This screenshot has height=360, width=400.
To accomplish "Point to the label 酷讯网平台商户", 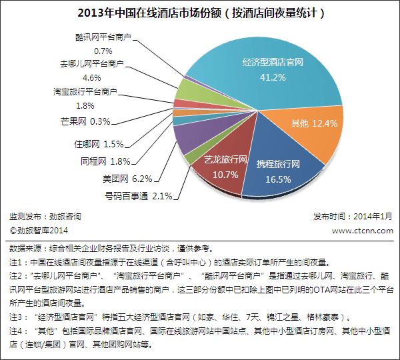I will pos(103,38).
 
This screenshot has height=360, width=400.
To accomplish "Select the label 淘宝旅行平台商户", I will pos(85,92).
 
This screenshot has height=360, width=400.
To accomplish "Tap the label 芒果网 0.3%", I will pos(85,121).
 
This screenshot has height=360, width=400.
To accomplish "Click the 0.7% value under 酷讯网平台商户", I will pos(103,51).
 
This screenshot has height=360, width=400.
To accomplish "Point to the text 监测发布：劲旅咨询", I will pos(46,217).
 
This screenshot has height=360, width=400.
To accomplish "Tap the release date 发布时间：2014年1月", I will pos(353,217).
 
